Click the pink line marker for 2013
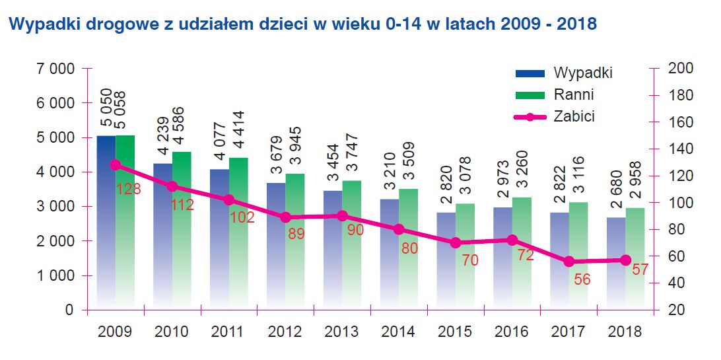(x=342, y=216)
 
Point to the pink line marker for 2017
(x=568, y=262)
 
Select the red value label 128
(x=128, y=190)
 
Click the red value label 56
(x=582, y=279)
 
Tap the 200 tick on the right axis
(x=680, y=69)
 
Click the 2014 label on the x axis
(x=398, y=332)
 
